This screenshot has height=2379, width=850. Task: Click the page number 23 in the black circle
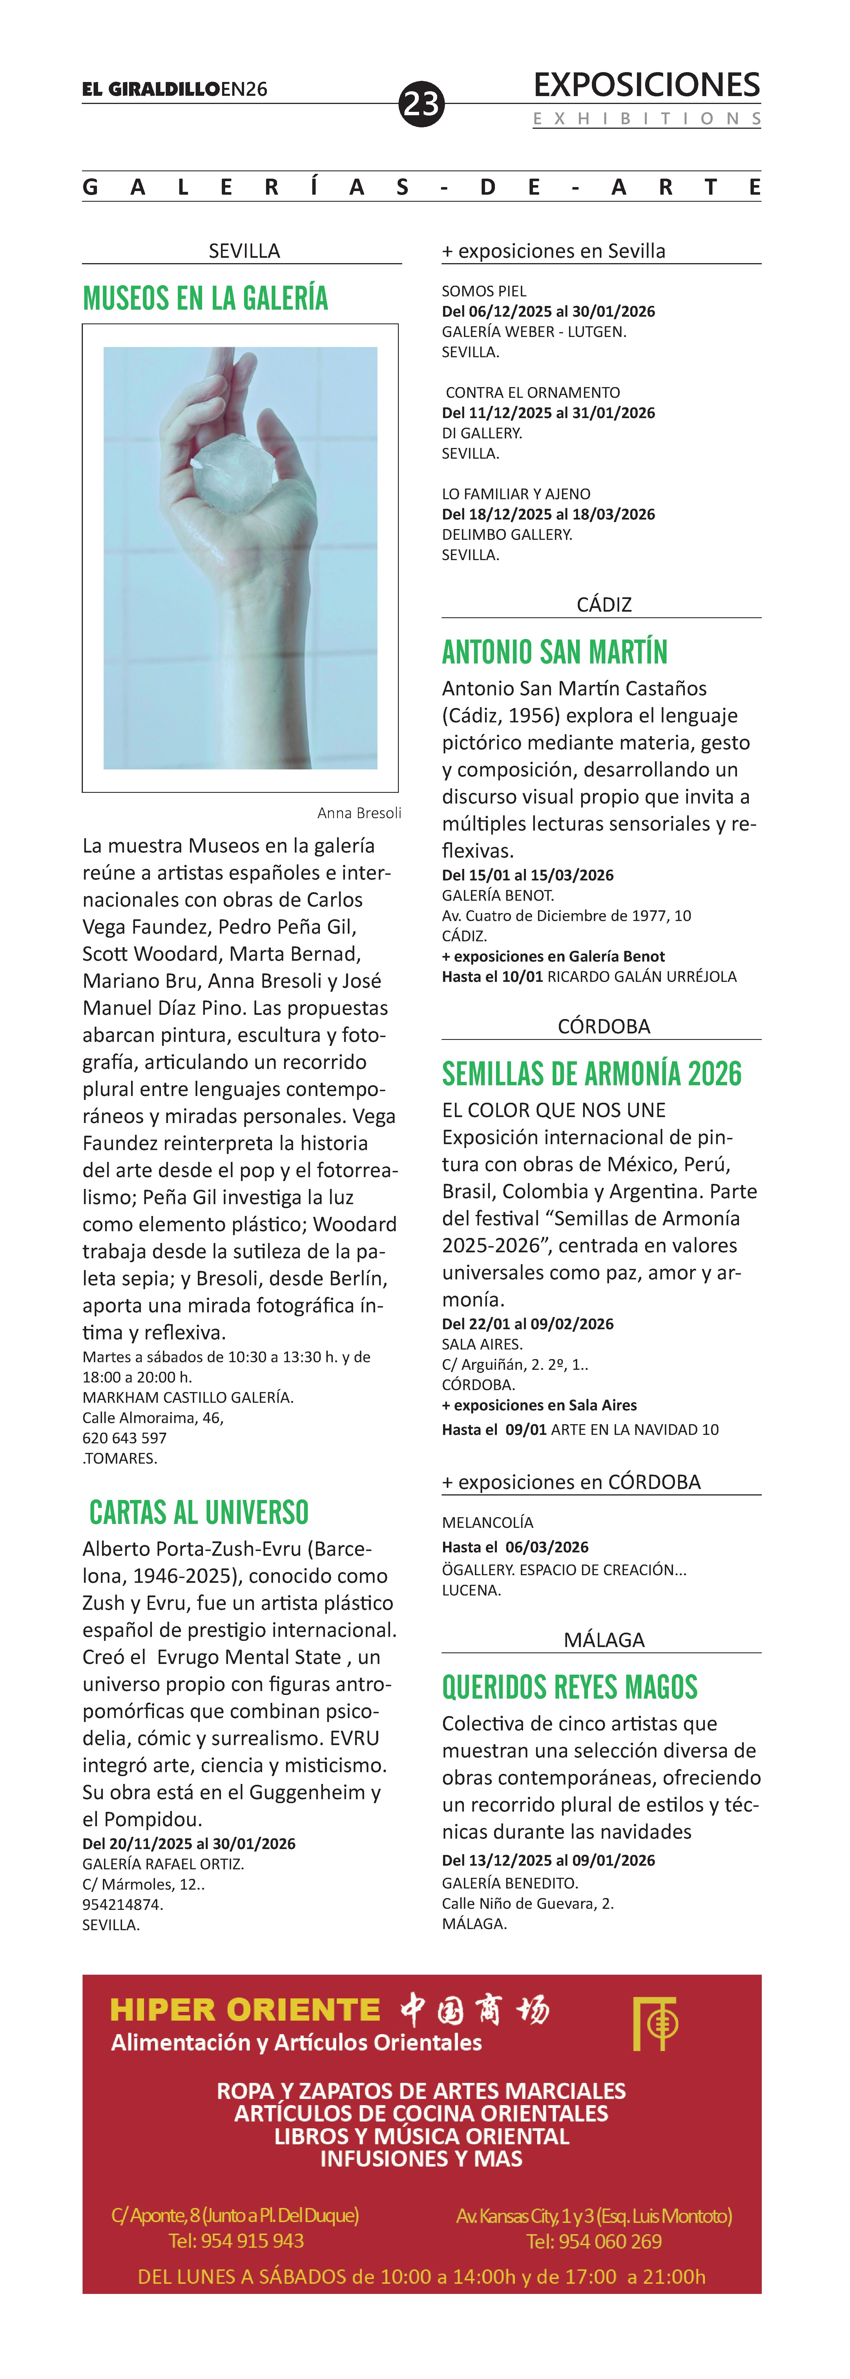(421, 103)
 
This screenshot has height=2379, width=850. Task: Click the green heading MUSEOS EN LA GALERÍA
(205, 298)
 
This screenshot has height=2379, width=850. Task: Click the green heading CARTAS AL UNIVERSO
(199, 1513)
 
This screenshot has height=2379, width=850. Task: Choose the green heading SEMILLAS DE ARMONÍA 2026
(591, 1074)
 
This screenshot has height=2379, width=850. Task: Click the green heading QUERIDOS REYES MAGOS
(569, 1687)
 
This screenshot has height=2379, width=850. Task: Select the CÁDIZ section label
(603, 605)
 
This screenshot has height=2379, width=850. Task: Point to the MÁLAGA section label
(603, 1640)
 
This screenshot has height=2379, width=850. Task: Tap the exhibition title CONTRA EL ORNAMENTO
(532, 392)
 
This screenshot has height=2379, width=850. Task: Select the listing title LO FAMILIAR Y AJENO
(515, 494)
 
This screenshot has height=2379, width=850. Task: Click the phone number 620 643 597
(125, 1438)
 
